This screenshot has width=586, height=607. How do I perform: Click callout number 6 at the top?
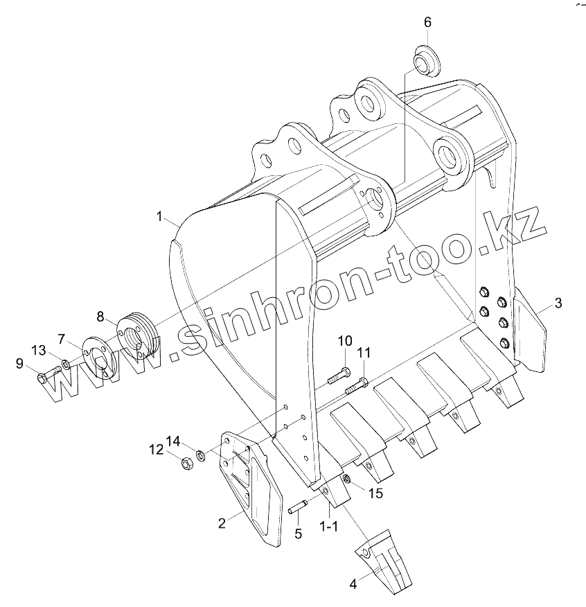click(427, 22)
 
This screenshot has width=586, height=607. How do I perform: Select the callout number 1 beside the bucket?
click(159, 218)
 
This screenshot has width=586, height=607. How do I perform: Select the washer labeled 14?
click(199, 455)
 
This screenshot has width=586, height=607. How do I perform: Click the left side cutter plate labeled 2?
click(249, 485)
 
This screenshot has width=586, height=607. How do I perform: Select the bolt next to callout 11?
click(356, 382)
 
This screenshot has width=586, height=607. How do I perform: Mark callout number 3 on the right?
click(558, 303)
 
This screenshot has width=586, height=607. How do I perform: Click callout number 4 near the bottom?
click(353, 584)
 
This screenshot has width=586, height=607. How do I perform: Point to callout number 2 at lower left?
click(222, 524)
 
